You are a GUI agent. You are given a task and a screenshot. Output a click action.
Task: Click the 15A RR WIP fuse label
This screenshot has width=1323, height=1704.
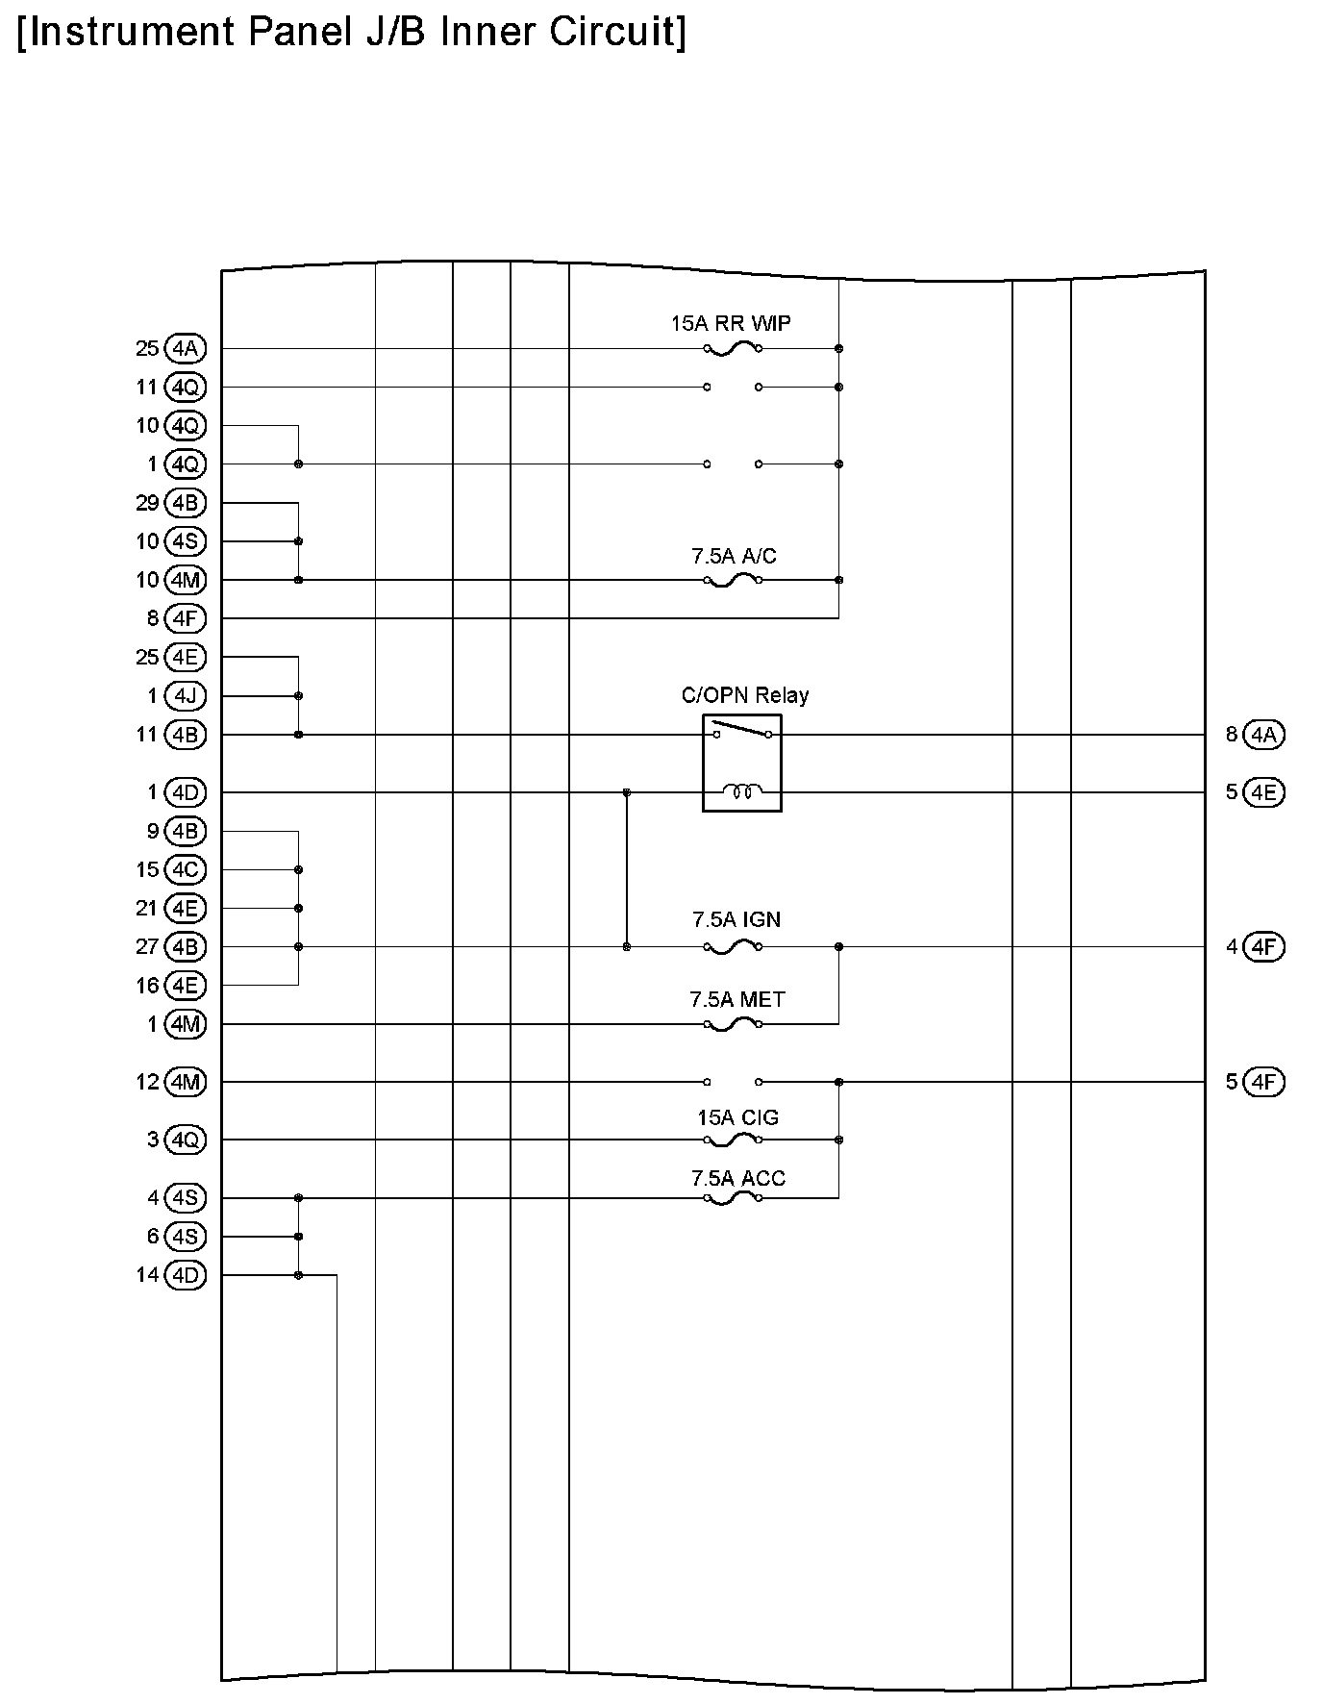tap(731, 323)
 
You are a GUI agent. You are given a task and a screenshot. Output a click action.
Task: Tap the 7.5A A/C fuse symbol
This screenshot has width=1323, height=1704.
tap(733, 581)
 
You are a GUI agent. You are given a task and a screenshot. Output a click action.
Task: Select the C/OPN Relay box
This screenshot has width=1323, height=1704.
tap(741, 763)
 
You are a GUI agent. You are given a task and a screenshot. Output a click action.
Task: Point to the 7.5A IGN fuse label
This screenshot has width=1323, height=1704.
tap(736, 919)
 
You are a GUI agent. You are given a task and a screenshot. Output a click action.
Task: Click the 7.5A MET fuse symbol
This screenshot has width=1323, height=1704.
tap(733, 1025)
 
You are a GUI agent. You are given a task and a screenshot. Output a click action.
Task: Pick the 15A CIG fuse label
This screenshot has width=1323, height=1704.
tap(737, 1117)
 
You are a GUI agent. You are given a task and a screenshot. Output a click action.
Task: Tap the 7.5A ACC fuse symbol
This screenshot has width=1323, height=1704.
tap(733, 1199)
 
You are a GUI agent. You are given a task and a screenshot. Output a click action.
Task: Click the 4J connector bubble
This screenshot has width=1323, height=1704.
tap(185, 695)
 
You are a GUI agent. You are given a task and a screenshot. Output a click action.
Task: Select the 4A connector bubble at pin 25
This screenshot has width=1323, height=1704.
tap(185, 348)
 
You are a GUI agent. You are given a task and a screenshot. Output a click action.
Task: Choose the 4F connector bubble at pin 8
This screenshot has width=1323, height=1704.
tap(185, 618)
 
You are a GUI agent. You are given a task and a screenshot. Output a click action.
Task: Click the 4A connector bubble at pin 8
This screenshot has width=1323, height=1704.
tap(1263, 735)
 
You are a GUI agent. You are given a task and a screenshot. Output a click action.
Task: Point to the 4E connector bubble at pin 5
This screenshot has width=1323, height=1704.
tap(1263, 792)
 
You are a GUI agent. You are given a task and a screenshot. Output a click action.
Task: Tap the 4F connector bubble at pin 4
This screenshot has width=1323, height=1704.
tap(1263, 947)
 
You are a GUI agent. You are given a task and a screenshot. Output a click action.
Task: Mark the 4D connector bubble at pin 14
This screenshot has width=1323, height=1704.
tap(185, 1275)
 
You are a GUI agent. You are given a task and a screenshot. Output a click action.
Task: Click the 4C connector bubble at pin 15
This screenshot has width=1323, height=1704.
tap(185, 870)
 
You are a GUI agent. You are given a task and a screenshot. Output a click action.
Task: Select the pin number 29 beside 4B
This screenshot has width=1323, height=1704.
tap(147, 503)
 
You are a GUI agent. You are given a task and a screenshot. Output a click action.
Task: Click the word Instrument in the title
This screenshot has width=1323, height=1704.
tap(128, 32)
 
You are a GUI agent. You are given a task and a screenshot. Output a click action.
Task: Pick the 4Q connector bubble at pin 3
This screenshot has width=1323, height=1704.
tap(185, 1140)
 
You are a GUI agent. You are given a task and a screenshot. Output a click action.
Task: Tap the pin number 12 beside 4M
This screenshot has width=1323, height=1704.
tap(147, 1082)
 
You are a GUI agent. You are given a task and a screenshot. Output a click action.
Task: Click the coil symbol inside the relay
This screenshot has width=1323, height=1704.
tap(741, 791)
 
